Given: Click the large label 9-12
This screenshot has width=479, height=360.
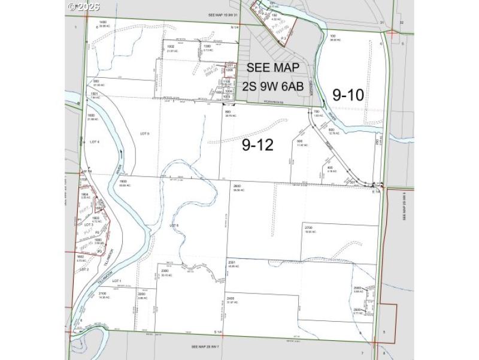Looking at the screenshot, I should pyautogui.click(x=258, y=144).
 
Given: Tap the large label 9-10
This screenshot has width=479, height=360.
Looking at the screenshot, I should pyautogui.click(x=348, y=94).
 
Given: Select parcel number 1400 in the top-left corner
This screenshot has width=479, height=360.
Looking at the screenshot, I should pyautogui.click(x=103, y=22).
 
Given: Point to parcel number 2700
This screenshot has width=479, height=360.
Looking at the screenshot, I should pyautogui.click(x=310, y=228).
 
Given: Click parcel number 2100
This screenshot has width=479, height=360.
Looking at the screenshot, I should pyautogui.click(x=102, y=293).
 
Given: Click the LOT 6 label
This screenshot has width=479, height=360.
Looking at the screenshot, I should pyautogui.click(x=174, y=225).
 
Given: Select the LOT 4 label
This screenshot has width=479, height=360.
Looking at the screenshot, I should pyautogui.click(x=93, y=142).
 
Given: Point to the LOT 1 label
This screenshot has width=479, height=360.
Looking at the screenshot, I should pyautogui.click(x=116, y=280).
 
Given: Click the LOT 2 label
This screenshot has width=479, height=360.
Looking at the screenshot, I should pyautogui.click(x=84, y=270).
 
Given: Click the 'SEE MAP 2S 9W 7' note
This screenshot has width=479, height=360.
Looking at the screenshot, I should pyautogui.click(x=207, y=347).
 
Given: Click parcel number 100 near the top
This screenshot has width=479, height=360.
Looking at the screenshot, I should pyautogui.click(x=332, y=36).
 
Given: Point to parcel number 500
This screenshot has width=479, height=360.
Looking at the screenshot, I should pyautogui.click(x=300, y=141).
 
